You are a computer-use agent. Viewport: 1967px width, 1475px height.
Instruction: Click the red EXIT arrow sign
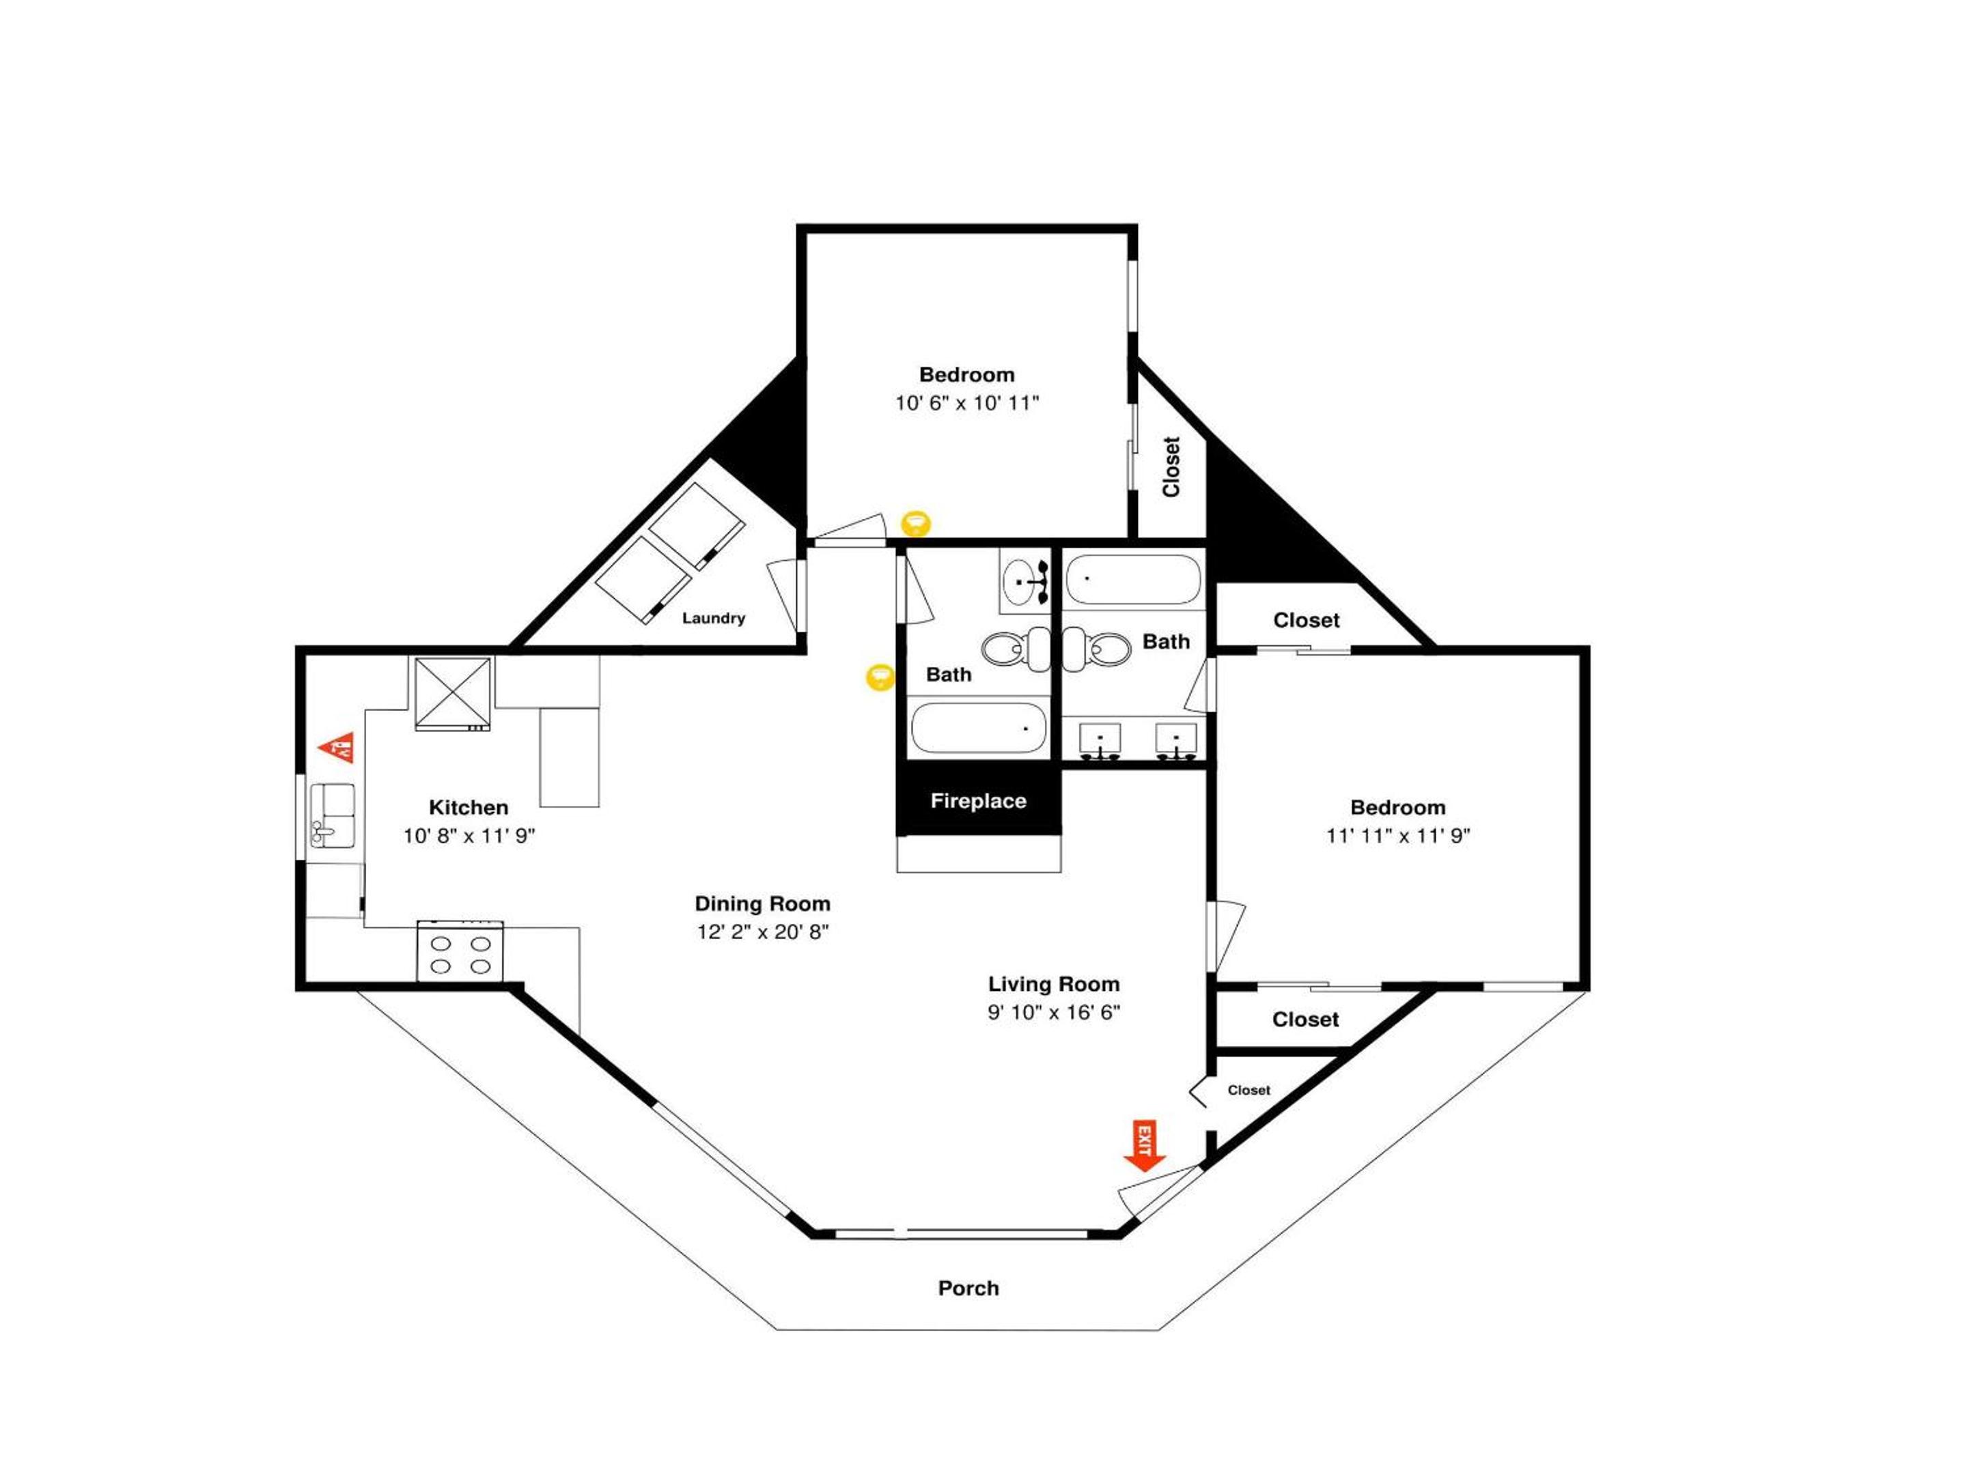pos(1145,1146)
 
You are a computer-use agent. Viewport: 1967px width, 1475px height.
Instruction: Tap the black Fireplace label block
pos(978,801)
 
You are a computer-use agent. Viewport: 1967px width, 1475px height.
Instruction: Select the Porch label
pos(968,1289)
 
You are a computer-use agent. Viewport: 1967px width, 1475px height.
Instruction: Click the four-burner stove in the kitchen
pos(460,951)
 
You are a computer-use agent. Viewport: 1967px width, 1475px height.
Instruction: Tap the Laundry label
pos(713,618)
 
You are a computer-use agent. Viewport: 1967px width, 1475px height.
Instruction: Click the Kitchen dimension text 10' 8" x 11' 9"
pos(469,836)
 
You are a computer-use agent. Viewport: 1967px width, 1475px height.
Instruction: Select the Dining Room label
pos(762,903)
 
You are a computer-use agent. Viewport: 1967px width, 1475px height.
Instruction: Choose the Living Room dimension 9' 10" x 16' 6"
pos(1054,1012)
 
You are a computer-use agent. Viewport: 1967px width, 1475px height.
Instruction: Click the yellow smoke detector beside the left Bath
pos(880,677)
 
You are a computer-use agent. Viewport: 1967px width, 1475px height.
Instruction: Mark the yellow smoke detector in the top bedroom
pos(916,523)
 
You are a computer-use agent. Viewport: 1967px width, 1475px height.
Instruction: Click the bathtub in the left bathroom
pos(978,727)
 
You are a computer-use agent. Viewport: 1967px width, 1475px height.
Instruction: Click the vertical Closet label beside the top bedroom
pos(1171,467)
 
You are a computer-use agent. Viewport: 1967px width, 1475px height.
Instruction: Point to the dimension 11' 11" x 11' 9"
pos(1398,836)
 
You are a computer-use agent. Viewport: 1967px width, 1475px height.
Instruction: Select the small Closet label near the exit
pos(1248,1090)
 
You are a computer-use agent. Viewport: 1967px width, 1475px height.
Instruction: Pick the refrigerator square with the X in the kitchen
pos(453,694)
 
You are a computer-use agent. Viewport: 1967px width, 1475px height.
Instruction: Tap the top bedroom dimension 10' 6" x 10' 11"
pos(966,403)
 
